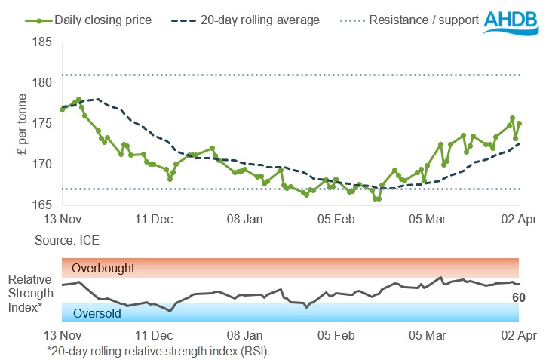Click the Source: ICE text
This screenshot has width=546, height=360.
(67, 240)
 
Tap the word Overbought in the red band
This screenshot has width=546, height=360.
(103, 268)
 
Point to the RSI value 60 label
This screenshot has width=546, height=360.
(518, 298)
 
